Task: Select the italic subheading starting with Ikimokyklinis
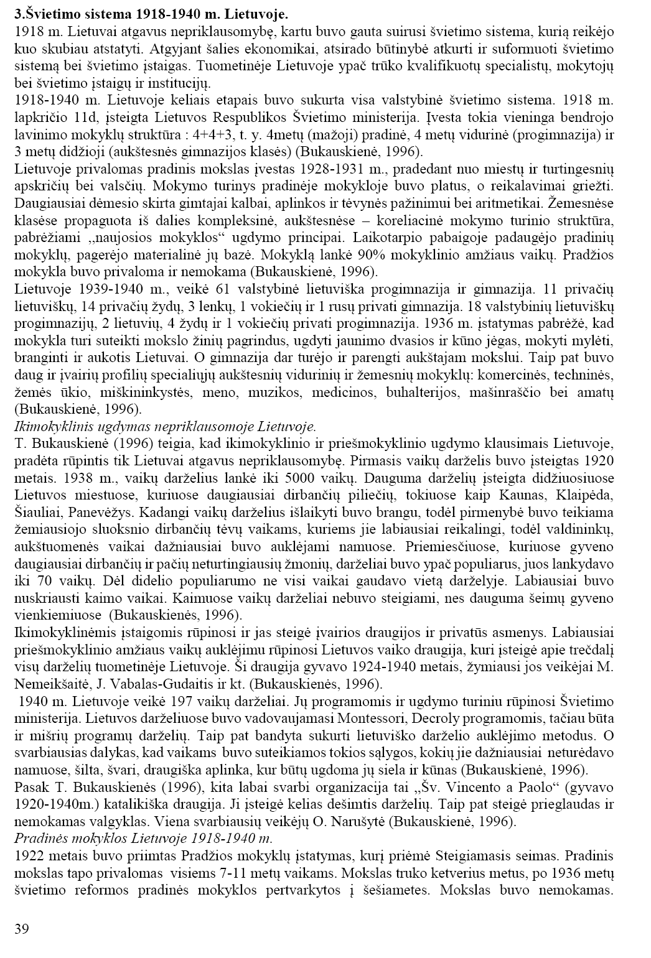[165, 427]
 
